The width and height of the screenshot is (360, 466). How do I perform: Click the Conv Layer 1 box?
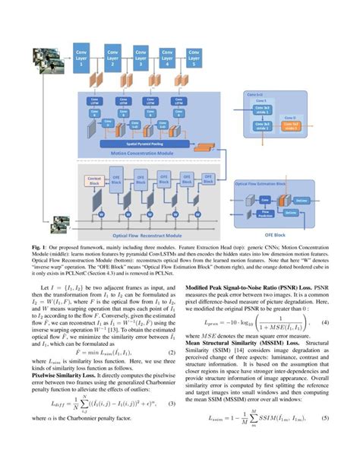82,57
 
